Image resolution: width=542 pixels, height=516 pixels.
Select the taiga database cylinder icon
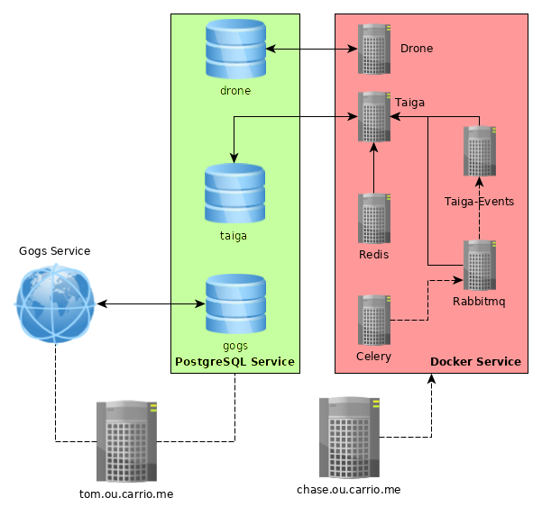click(x=234, y=194)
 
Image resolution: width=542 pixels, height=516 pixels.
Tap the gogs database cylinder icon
click(x=235, y=303)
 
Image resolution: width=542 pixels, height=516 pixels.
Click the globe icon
click(x=55, y=303)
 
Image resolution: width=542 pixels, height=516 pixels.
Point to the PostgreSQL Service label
click(x=234, y=362)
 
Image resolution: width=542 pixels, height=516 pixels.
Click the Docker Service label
click(x=475, y=362)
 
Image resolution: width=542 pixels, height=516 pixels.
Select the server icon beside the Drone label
click(x=374, y=49)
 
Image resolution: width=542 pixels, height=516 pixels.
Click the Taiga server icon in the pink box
click(x=374, y=116)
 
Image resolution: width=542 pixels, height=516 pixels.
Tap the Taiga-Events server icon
click(x=479, y=151)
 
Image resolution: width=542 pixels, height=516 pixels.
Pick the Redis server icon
click(x=374, y=218)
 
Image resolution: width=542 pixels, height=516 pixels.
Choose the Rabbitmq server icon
click(x=479, y=265)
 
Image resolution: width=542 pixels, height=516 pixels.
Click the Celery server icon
click(x=374, y=320)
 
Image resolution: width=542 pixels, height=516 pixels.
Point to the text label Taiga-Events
click(x=479, y=202)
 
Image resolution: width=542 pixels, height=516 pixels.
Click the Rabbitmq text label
click(x=479, y=302)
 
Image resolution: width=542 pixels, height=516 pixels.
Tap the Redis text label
click(x=373, y=255)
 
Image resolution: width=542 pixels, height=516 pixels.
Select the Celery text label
click(x=373, y=357)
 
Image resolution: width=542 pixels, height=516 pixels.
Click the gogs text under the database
click(x=234, y=346)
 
